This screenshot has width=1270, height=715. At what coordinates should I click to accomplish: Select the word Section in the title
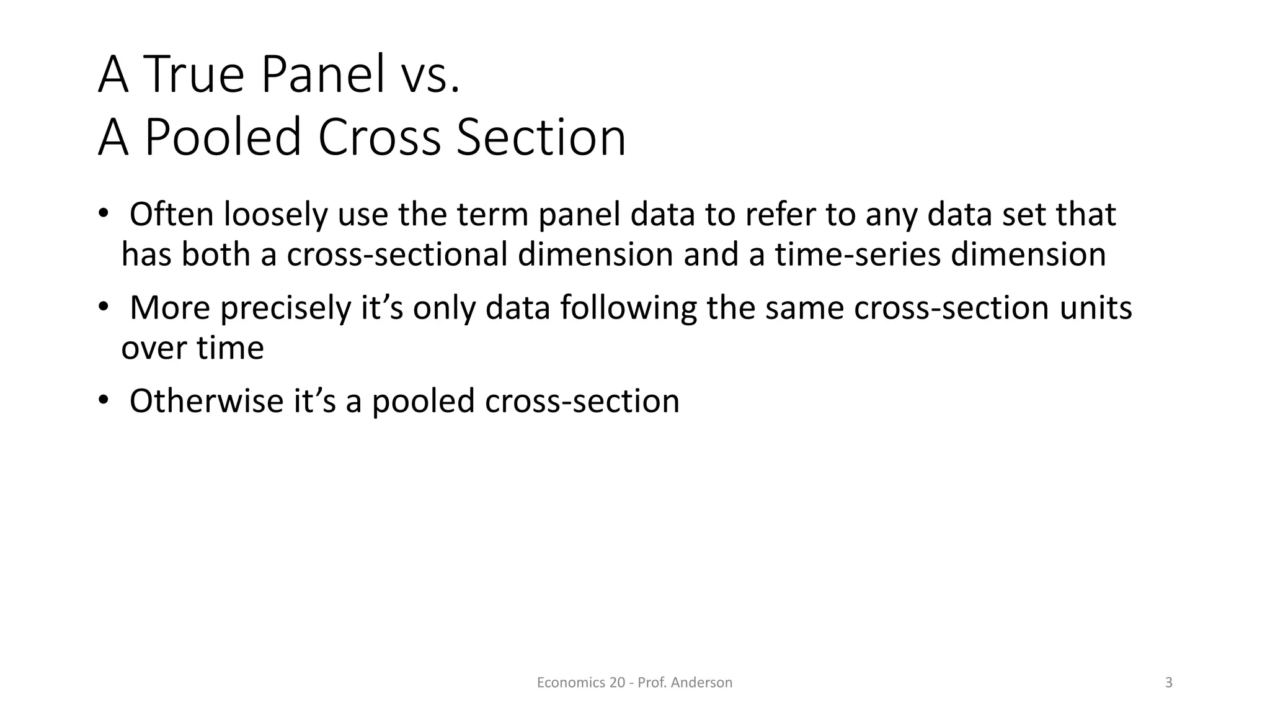(541, 137)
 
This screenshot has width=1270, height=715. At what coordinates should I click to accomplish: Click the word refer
(780, 215)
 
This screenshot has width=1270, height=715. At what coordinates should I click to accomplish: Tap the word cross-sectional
(397, 255)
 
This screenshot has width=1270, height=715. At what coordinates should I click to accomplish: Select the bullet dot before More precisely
(102, 307)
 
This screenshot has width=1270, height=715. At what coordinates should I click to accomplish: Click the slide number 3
(1169, 683)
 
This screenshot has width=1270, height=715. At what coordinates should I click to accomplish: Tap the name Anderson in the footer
(701, 683)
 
